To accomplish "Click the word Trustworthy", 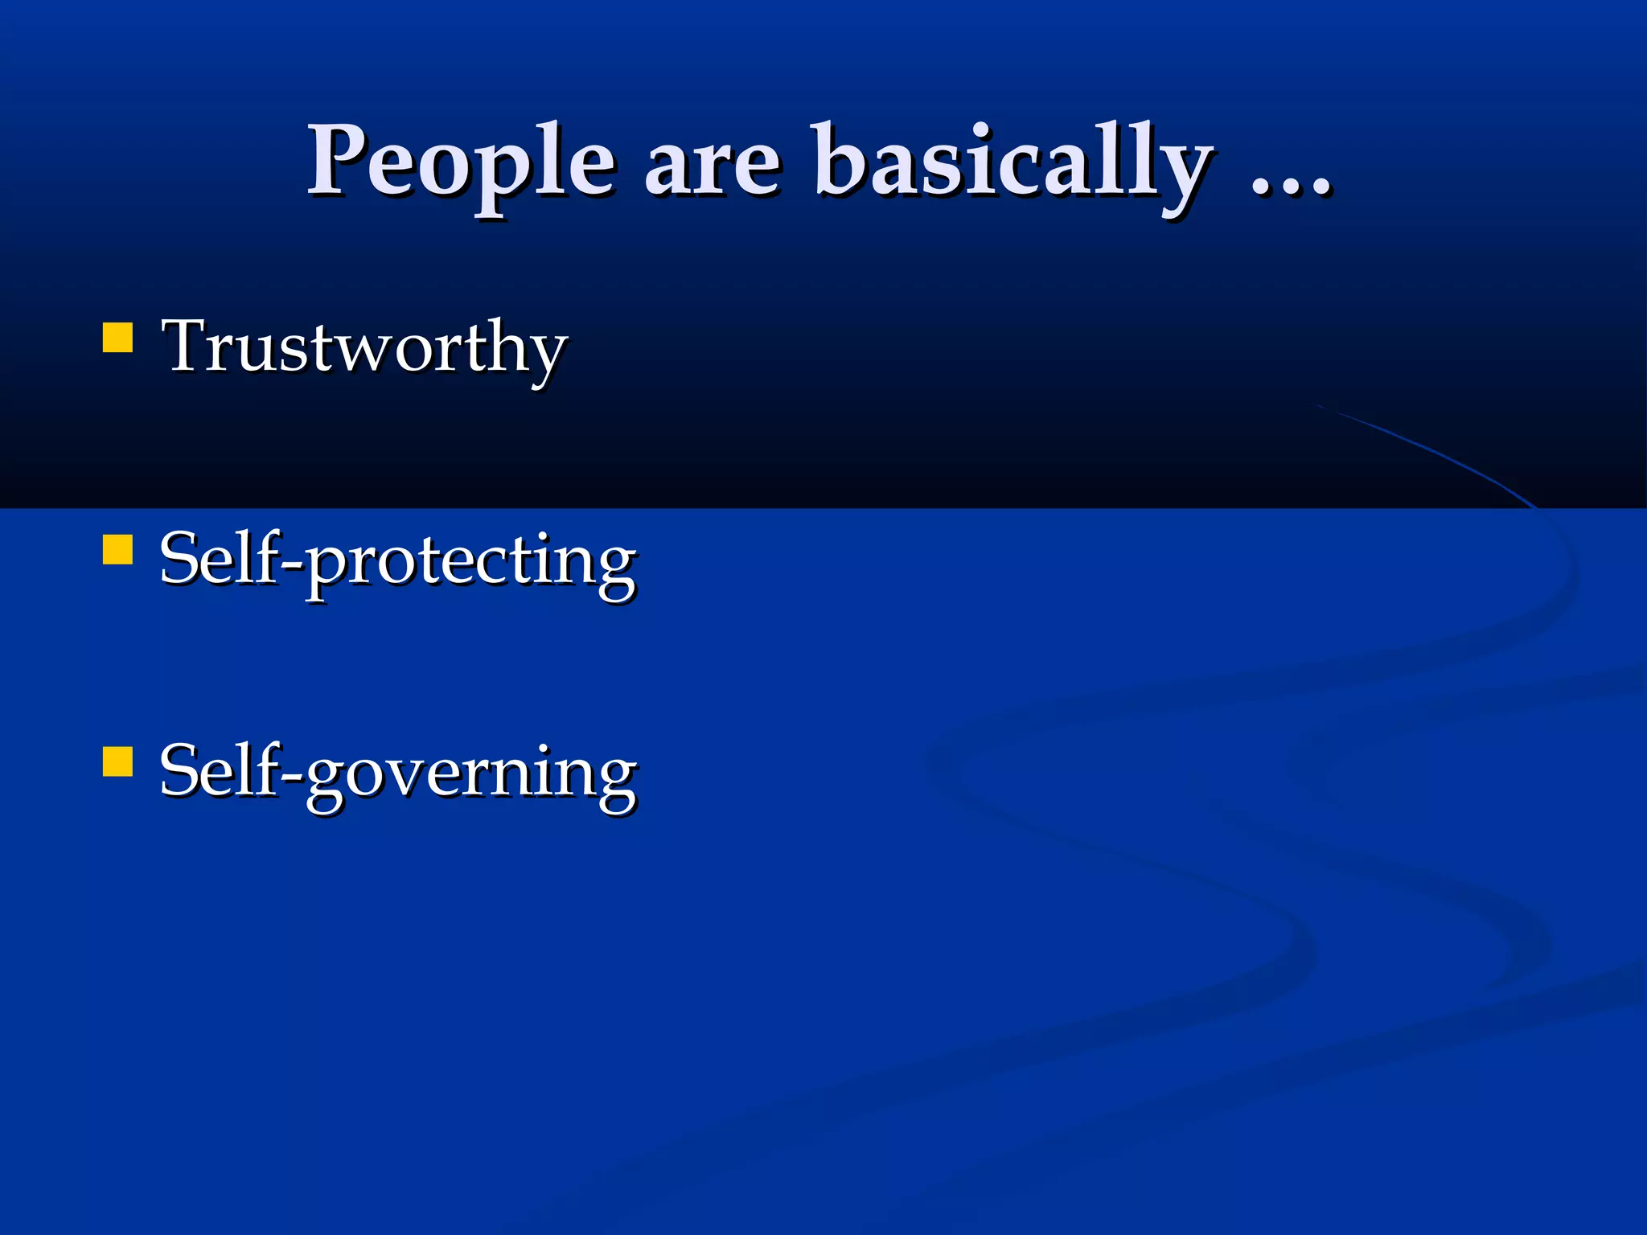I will pos(364,347).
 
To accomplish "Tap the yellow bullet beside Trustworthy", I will pos(117,338).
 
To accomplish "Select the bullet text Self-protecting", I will pos(397,560).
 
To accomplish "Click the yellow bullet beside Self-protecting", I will pos(117,551).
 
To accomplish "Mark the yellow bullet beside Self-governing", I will pos(117,761).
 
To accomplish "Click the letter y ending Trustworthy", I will pos(546,358).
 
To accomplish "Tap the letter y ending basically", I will pos(1185,173).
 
